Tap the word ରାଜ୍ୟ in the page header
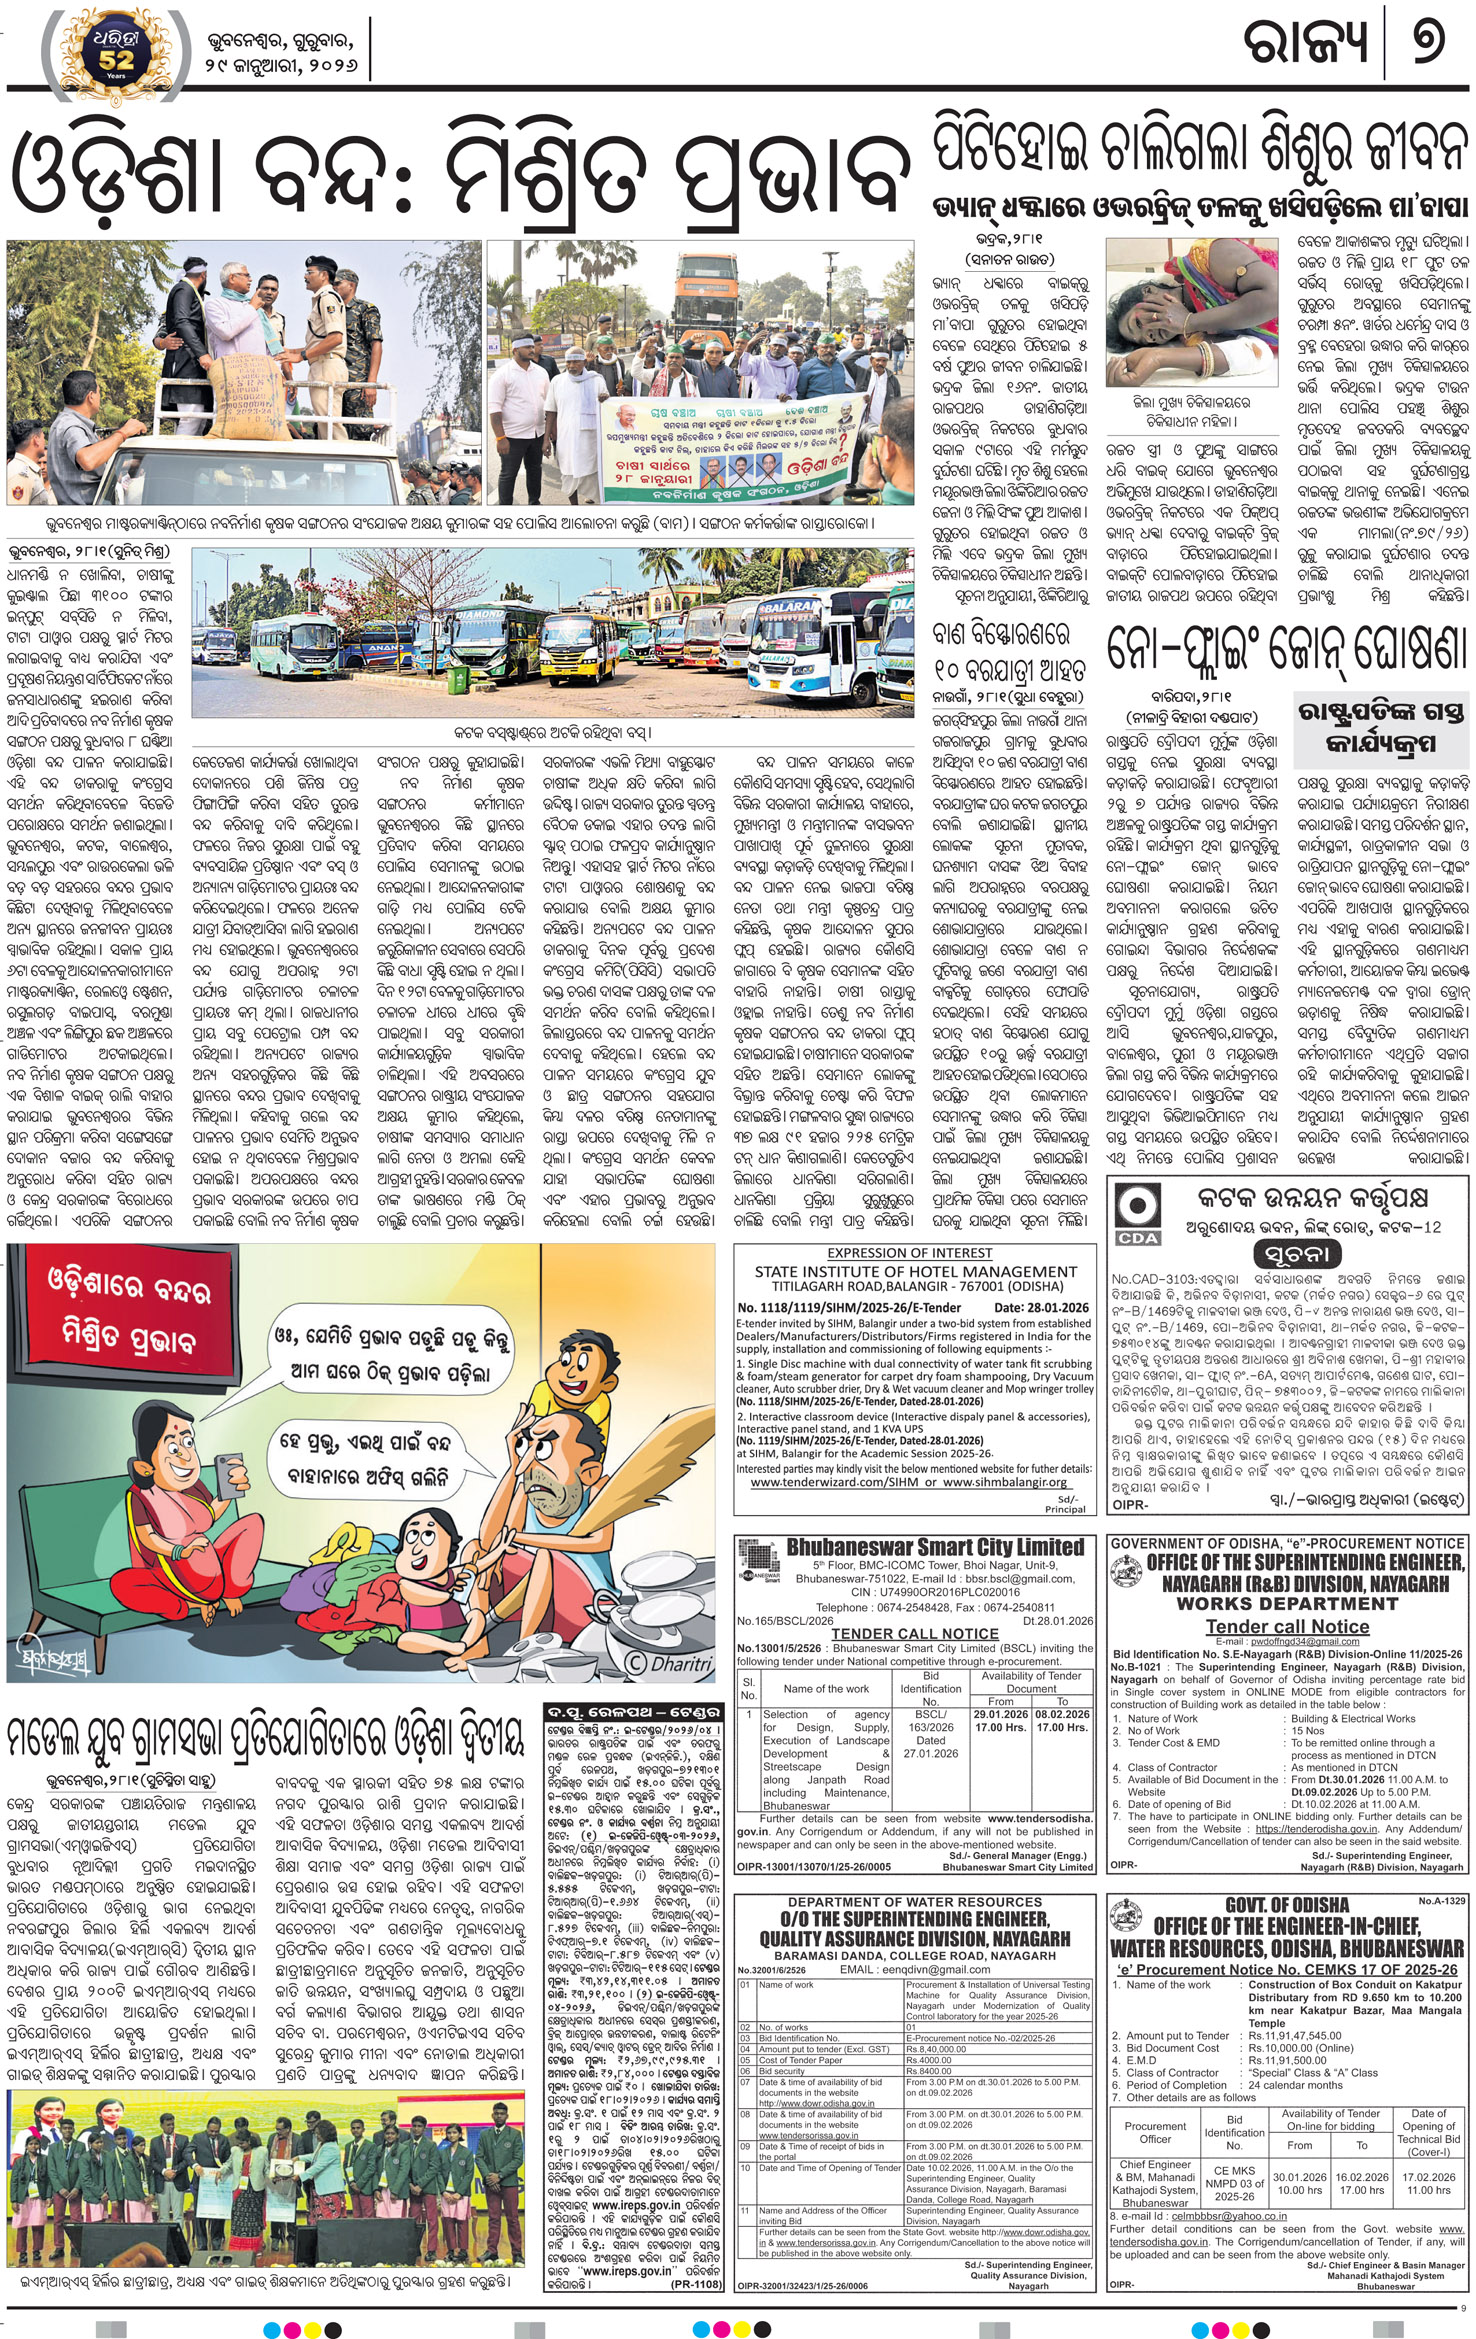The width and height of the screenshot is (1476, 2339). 1306,46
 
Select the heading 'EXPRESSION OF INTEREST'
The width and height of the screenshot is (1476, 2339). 909,1253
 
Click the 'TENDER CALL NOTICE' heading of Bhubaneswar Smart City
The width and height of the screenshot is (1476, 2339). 915,1634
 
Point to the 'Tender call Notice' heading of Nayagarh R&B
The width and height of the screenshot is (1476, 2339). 1287,1627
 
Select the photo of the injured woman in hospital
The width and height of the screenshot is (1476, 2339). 1191,312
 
